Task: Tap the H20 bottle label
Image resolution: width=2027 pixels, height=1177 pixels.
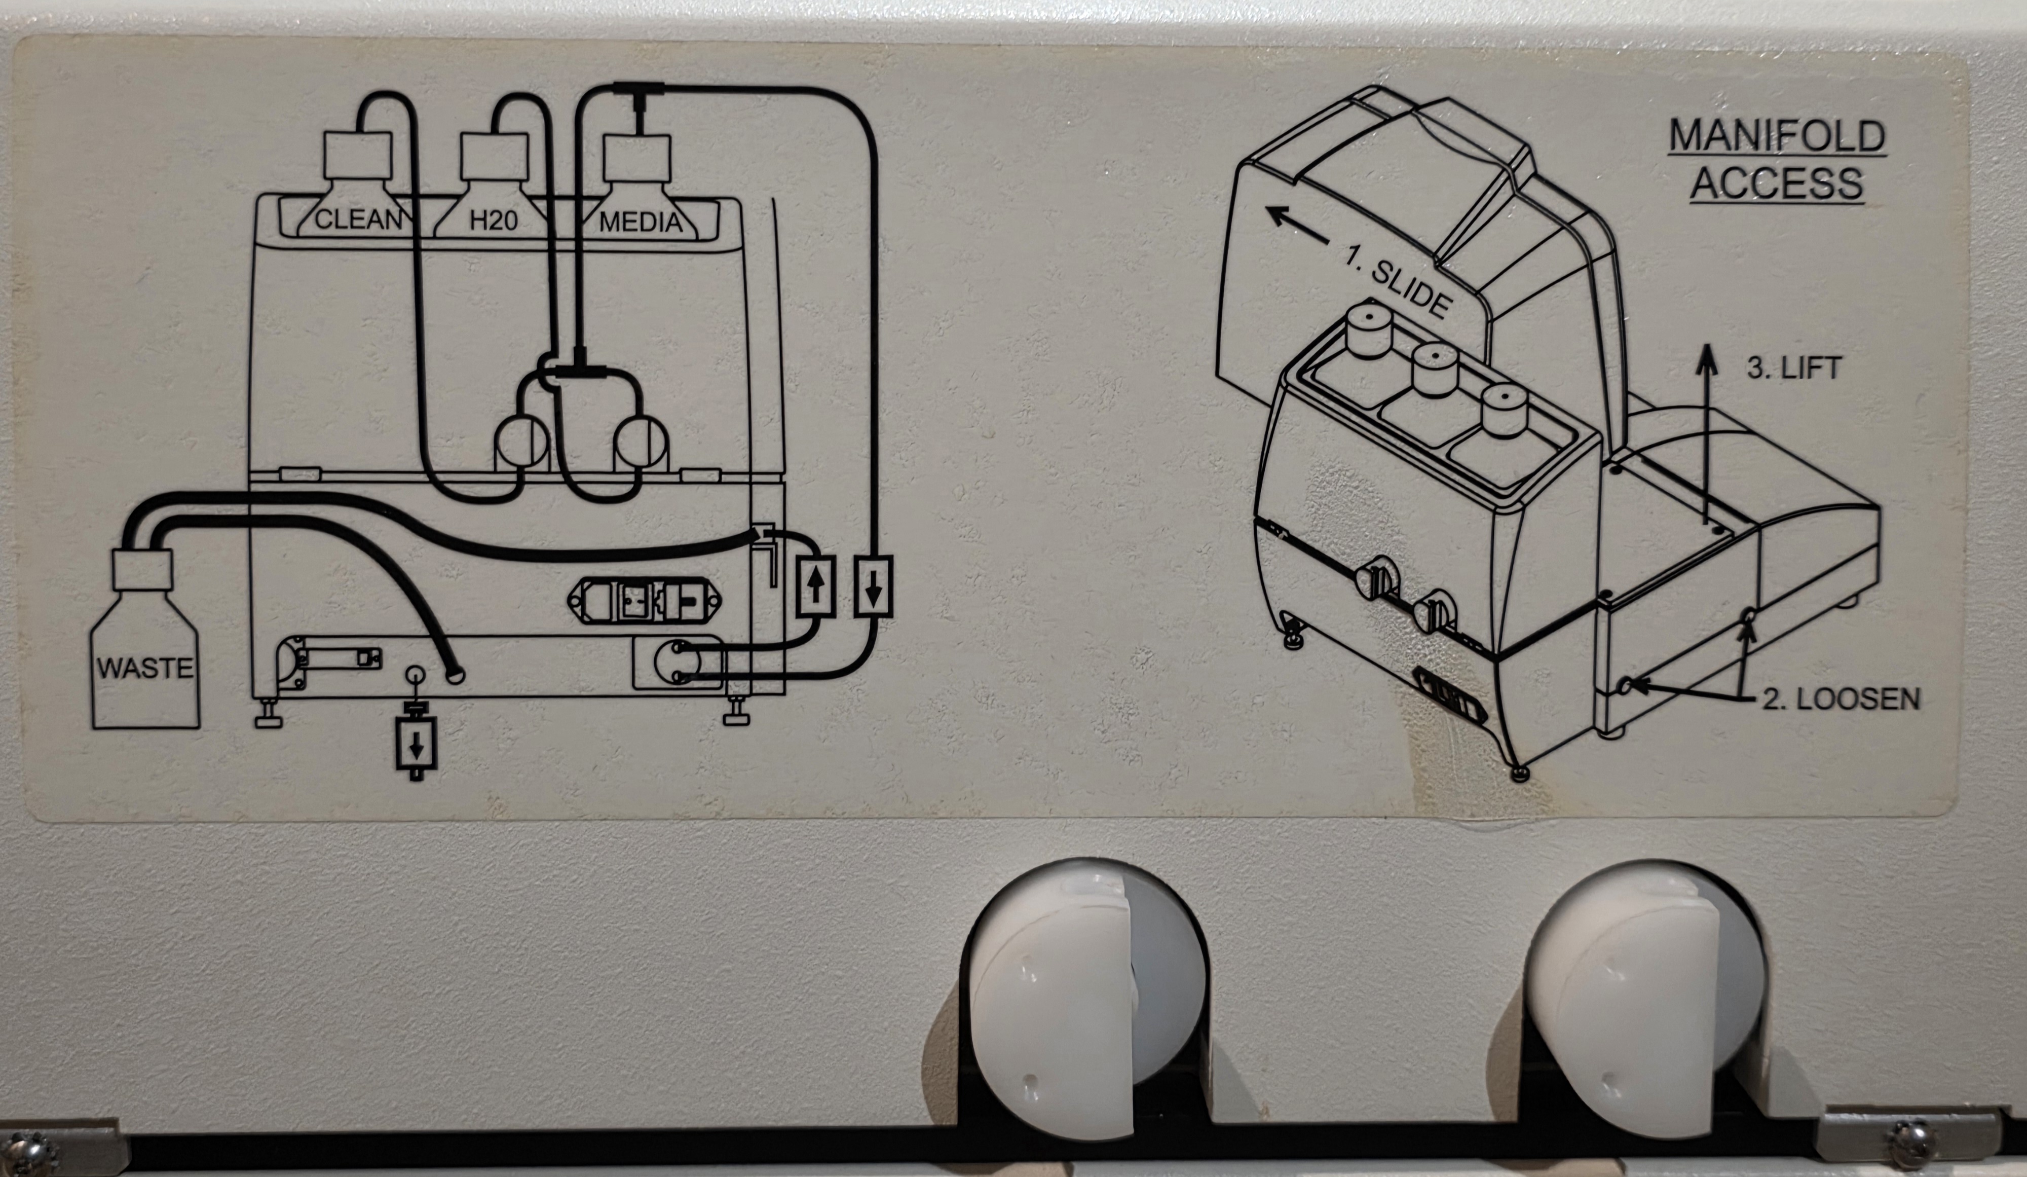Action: [493, 219]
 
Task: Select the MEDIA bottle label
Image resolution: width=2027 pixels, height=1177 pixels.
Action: [641, 221]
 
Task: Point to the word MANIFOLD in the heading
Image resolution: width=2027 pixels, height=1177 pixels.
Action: [1777, 137]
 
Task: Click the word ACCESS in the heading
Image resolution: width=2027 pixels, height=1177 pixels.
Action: [1777, 183]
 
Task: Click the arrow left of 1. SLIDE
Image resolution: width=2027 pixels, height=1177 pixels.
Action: [1297, 225]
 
